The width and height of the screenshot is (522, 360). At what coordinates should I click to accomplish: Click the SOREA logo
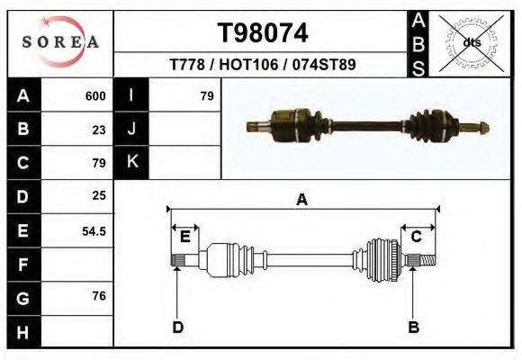pos(60,43)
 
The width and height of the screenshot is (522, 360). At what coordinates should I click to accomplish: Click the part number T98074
pos(263,33)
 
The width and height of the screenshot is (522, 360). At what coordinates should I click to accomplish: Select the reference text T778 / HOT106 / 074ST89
pos(263,65)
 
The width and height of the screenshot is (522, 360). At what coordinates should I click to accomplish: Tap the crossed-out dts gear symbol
pos(472,42)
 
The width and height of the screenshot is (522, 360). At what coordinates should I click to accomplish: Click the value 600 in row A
pos(95,96)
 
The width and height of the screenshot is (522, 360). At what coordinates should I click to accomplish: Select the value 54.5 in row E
pos(94,231)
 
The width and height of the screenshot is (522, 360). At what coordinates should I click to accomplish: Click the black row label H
pos(22,332)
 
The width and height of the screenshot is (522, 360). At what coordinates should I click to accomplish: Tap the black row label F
pos(22,265)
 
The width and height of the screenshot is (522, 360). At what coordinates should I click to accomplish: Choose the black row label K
pos(132,162)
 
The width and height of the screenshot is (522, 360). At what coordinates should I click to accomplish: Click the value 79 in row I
pos(206,96)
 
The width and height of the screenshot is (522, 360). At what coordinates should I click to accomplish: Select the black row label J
pos(132,130)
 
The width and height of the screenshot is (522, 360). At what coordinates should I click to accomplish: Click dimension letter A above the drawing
pos(302,200)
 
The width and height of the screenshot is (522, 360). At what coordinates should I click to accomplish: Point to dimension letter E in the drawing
pos(184,237)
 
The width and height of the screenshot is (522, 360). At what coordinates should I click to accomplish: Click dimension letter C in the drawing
pos(417,237)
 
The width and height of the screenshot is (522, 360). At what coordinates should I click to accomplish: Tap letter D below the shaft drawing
pos(178,327)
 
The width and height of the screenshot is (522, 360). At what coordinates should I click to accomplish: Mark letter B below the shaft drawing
pos(414,327)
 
